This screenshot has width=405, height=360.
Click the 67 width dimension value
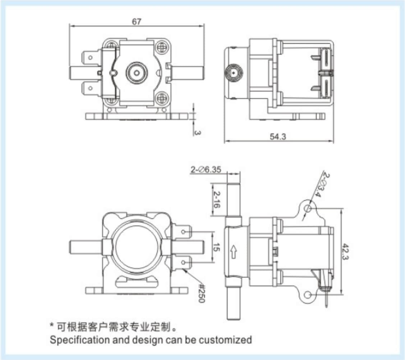(136, 22)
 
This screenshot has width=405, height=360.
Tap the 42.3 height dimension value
(345, 251)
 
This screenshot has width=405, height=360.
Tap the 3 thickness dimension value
(197, 133)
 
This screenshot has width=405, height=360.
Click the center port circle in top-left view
(137, 72)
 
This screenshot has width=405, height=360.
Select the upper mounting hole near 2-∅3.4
(307, 208)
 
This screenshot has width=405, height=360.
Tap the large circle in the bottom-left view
(137, 246)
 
